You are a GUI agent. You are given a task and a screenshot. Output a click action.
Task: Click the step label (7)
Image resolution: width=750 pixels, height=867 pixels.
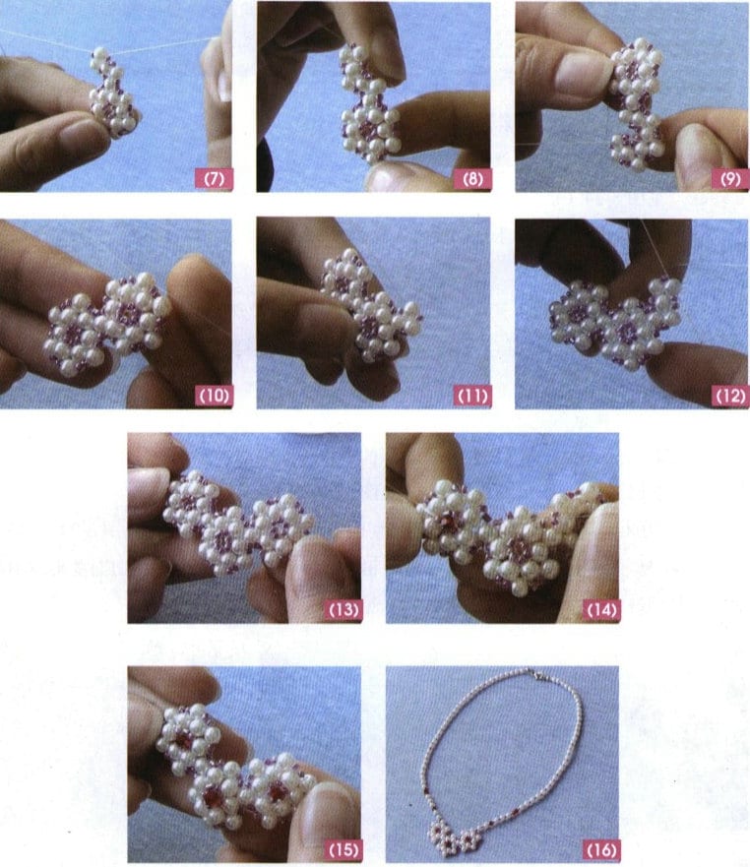pos(212,179)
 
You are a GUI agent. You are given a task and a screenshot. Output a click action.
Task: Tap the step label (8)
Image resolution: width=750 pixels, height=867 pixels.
pos(471,179)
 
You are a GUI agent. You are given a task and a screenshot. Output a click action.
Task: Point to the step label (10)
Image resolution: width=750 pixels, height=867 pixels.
pos(212,396)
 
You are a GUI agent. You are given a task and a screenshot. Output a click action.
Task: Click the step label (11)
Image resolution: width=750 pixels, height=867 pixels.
pos(471,396)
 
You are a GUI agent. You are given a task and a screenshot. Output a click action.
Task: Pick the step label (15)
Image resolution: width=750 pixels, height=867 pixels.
pos(342,848)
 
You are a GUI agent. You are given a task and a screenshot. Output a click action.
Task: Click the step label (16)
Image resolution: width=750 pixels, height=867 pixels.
pos(599,848)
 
